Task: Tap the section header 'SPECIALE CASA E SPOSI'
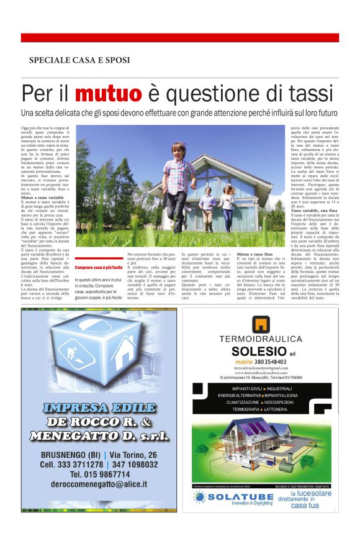(x=79, y=60)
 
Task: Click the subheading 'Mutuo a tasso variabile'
(x=47, y=198)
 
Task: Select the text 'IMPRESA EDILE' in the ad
(x=99, y=408)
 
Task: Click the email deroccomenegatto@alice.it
(x=100, y=483)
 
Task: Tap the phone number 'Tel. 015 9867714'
(x=99, y=473)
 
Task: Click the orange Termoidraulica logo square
(x=260, y=324)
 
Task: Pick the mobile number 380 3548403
(x=261, y=362)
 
